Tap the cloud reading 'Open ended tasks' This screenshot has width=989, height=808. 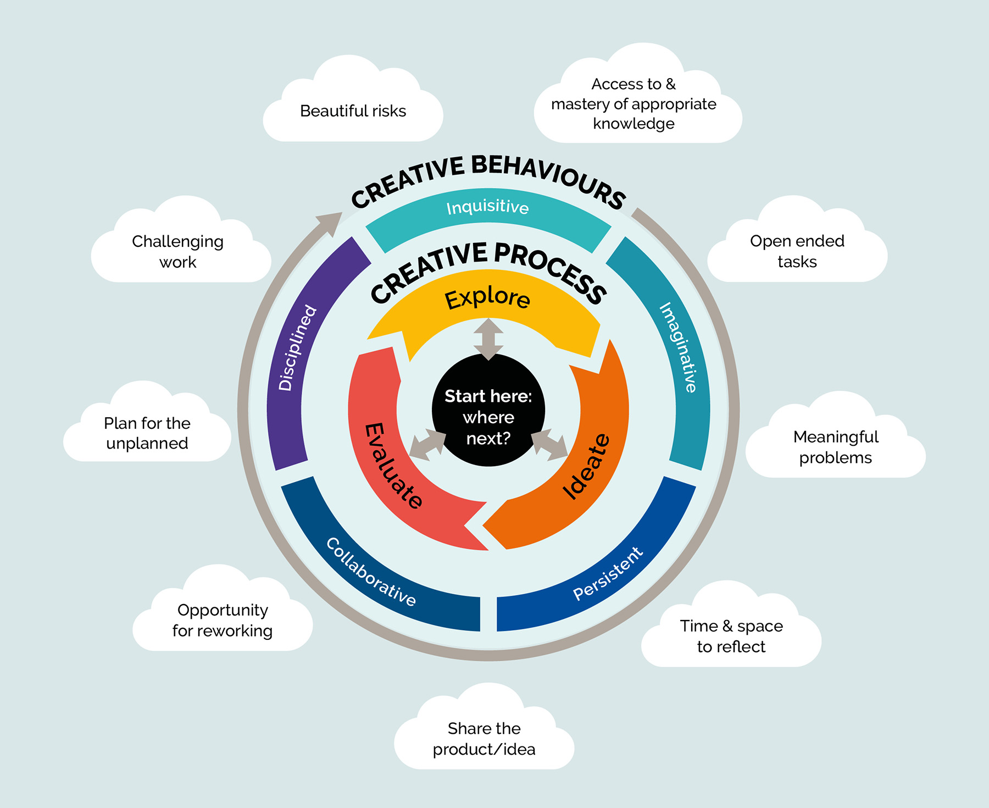click(797, 251)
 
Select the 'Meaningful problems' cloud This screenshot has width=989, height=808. click(835, 447)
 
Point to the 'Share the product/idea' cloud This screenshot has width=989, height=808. click(484, 738)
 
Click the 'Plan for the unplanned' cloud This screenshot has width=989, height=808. click(147, 433)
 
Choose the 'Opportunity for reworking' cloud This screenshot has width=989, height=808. click(222, 620)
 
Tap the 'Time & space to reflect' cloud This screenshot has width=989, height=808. click(731, 636)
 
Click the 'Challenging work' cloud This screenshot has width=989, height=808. click(177, 251)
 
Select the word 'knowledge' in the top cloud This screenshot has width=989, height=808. click(634, 124)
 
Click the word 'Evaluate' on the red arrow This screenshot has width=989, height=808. click(392, 466)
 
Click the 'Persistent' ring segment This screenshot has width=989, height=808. click(607, 574)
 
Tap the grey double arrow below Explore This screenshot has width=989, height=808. click(488, 339)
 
